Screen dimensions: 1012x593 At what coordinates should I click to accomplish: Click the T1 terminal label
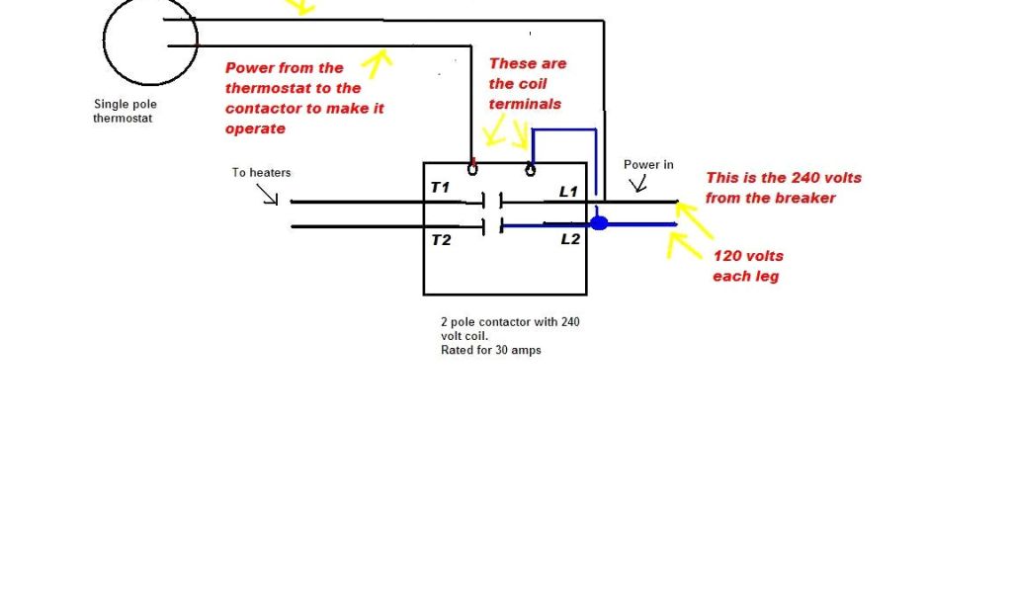point(440,187)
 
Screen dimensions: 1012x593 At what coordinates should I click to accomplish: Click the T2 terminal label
point(440,240)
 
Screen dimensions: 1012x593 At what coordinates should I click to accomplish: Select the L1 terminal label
point(568,192)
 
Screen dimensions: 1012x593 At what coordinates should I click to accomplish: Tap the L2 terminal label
point(570,240)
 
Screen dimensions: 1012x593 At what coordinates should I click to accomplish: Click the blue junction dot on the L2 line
point(599,223)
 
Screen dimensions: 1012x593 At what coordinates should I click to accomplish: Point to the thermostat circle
point(150,40)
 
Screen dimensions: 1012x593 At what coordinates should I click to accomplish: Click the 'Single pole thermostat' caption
point(125,111)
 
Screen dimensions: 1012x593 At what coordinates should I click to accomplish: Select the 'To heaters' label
point(261,172)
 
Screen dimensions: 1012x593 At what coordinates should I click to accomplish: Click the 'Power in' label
point(648,164)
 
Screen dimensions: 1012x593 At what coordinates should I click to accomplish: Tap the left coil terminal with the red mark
point(472,168)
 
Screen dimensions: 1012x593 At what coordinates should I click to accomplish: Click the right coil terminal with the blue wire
point(531,168)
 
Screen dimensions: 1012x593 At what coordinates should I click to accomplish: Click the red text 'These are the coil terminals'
point(527,83)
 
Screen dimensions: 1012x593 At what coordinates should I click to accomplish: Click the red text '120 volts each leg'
point(747,266)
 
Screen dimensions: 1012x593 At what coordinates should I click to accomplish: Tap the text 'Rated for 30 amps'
point(491,350)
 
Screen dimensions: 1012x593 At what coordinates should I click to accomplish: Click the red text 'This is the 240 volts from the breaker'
point(783,188)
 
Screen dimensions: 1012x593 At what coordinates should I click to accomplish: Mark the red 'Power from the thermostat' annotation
point(303,98)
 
